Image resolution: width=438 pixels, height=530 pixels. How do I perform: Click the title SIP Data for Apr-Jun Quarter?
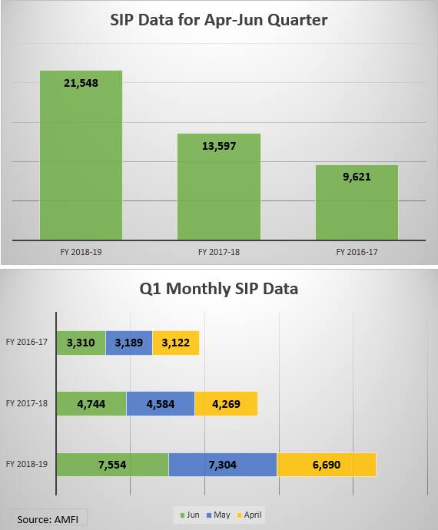(219, 20)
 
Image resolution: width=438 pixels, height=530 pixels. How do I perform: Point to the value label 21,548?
(81, 82)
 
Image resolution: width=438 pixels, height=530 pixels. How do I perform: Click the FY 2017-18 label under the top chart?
(219, 252)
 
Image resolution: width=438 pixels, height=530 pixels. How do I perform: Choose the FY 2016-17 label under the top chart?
(357, 252)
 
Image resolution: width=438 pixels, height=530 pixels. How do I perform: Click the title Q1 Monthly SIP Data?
(219, 289)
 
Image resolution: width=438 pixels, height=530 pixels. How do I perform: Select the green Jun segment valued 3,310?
(81, 343)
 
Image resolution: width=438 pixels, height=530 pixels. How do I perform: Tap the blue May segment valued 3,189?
(128, 343)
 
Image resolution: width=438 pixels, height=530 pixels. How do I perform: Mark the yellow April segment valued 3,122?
(176, 343)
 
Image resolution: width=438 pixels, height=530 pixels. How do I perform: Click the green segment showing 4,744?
(91, 403)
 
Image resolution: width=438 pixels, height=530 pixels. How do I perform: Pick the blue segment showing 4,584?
(160, 403)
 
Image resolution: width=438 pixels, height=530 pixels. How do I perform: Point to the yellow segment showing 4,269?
(226, 403)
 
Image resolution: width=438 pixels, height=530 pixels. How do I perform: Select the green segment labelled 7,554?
(112, 464)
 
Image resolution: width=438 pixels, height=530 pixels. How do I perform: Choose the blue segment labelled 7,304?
(222, 464)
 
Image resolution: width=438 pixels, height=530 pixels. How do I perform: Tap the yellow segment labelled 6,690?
(326, 464)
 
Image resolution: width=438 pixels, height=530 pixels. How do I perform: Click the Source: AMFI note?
(48, 519)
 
